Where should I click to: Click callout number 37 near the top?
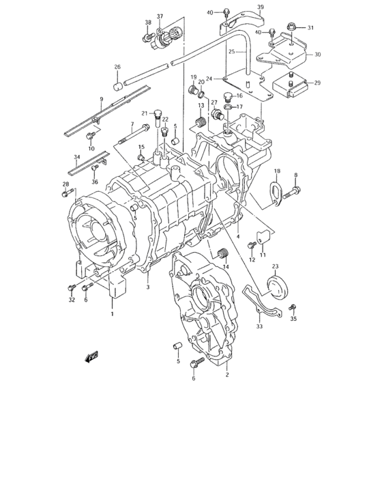(x=160, y=16)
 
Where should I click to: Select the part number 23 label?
(x=275, y=266)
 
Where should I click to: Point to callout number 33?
(x=259, y=327)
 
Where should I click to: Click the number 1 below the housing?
(x=113, y=315)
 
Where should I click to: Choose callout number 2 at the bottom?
(x=226, y=375)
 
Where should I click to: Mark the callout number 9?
(x=101, y=100)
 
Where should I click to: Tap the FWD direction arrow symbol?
(x=90, y=356)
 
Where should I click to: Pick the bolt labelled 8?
(x=291, y=193)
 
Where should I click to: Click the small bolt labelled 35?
(x=293, y=307)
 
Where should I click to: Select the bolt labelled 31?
(x=291, y=27)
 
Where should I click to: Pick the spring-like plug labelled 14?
(x=221, y=255)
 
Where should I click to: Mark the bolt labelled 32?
(x=72, y=288)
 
